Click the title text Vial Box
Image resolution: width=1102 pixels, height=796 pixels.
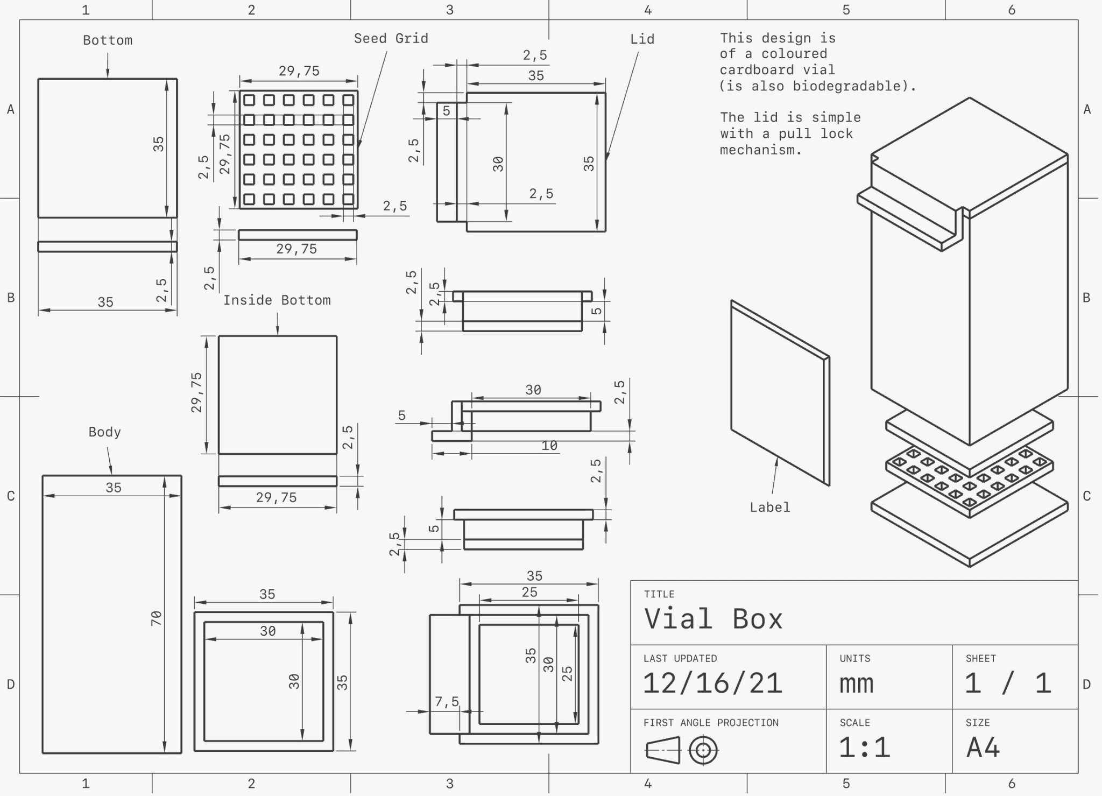click(x=714, y=619)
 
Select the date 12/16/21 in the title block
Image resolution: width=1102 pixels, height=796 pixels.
click(x=713, y=684)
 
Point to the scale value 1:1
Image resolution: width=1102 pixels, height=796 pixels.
click(x=864, y=748)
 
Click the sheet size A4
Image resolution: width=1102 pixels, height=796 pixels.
click(x=983, y=748)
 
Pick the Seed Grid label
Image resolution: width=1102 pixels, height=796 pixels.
click(x=391, y=38)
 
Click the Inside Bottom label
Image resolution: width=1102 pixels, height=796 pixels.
click(x=277, y=300)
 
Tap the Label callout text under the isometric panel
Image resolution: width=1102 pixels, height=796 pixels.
click(x=770, y=507)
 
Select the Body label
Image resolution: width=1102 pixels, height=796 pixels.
click(x=105, y=432)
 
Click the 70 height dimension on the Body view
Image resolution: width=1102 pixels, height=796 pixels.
click(x=156, y=618)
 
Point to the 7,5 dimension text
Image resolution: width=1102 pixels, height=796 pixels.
click(x=447, y=701)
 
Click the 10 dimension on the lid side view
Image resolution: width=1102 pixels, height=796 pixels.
click(x=549, y=446)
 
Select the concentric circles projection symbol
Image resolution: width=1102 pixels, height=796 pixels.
click(x=703, y=750)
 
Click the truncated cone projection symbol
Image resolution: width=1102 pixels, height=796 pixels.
click(x=663, y=750)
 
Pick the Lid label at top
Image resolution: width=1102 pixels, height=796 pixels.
click(x=642, y=39)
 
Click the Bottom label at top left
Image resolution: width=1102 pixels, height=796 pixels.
click(x=108, y=40)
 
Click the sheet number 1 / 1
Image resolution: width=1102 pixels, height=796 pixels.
click(x=1008, y=684)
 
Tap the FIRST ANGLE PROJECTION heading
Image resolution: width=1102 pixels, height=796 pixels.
click(x=711, y=723)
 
